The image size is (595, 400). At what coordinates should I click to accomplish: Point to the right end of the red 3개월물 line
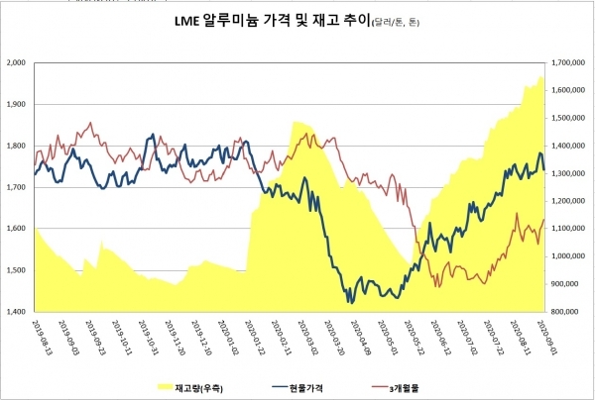543,220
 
